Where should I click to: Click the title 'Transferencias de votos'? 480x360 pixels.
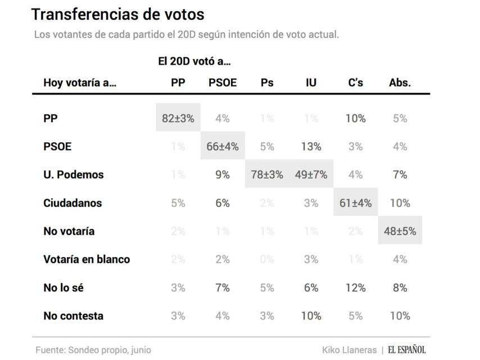(x=117, y=14)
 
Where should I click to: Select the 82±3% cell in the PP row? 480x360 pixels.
(x=178, y=118)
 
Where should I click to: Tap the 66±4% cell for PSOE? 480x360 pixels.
(x=223, y=146)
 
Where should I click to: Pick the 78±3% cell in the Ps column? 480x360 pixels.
(x=266, y=174)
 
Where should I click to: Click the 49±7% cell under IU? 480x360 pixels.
(x=311, y=174)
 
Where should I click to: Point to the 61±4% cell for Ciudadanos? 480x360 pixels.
(x=356, y=203)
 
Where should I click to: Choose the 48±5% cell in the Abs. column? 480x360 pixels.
(x=400, y=231)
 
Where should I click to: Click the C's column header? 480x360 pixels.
(x=356, y=83)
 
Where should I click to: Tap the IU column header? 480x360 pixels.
(x=311, y=83)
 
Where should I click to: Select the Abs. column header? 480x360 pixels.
(x=400, y=83)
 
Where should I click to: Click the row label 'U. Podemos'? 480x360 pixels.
(x=74, y=174)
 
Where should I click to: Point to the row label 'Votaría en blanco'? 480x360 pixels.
(x=87, y=259)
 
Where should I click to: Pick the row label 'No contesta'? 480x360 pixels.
(x=73, y=316)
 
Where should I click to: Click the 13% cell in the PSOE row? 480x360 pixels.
(x=311, y=146)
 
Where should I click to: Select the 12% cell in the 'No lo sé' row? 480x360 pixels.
(x=356, y=287)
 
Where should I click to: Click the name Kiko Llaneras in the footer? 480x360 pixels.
(x=348, y=349)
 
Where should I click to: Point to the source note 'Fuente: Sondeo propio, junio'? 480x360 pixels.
(x=93, y=349)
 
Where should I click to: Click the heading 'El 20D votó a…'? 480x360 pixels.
(x=194, y=61)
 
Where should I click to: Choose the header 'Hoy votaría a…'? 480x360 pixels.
(x=80, y=83)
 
